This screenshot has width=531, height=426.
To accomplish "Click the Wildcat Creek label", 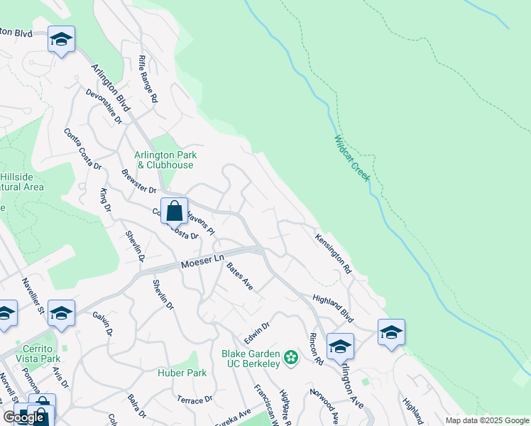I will coord(352,158).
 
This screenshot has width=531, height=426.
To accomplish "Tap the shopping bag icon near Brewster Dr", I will coord(174,211).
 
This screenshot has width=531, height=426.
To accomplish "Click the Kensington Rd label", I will coord(334,254).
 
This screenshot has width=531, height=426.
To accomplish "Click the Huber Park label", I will coord(182,372).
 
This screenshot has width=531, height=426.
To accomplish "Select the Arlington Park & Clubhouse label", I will coord(165,160).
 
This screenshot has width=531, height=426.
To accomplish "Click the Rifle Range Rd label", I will coord(148,80).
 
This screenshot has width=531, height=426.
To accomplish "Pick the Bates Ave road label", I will coord(240,275).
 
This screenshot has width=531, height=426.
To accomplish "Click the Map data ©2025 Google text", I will coord(487,420).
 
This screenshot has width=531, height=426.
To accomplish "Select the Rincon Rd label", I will coord(316,349).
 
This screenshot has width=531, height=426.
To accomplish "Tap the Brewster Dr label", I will coord(138,181).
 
